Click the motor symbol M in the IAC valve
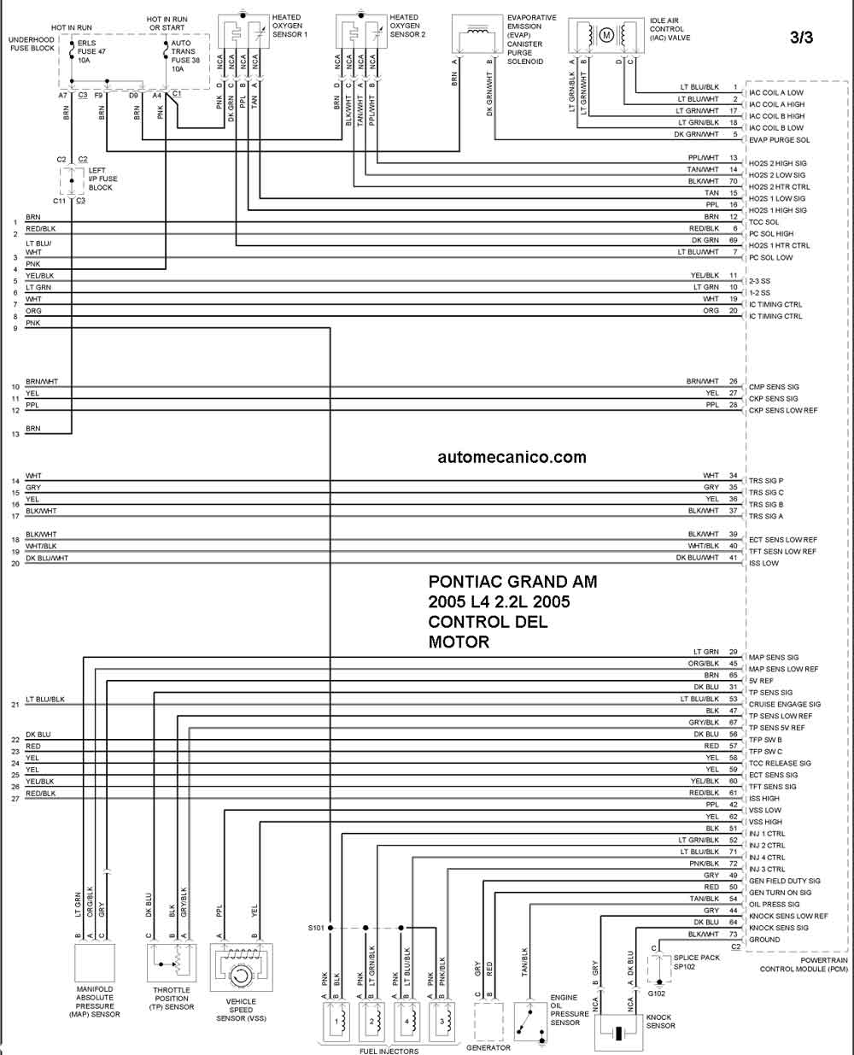tap(606, 35)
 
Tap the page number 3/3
tap(801, 38)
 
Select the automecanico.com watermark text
tap(512, 457)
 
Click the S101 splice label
tap(315, 928)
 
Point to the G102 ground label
tap(657, 993)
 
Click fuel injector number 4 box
tap(407, 1022)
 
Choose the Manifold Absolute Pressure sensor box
tap(95, 964)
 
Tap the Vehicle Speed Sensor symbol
tap(241, 967)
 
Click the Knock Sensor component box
tap(618, 1033)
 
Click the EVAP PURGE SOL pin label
tap(779, 140)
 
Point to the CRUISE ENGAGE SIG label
tap(785, 704)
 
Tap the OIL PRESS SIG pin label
tap(775, 905)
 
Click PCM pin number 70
tap(734, 181)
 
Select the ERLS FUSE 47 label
tap(91, 51)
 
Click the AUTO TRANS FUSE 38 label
tap(185, 56)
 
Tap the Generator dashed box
tap(488, 1022)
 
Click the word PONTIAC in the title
tap(462, 582)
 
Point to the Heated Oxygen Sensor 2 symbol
tap(361, 32)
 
